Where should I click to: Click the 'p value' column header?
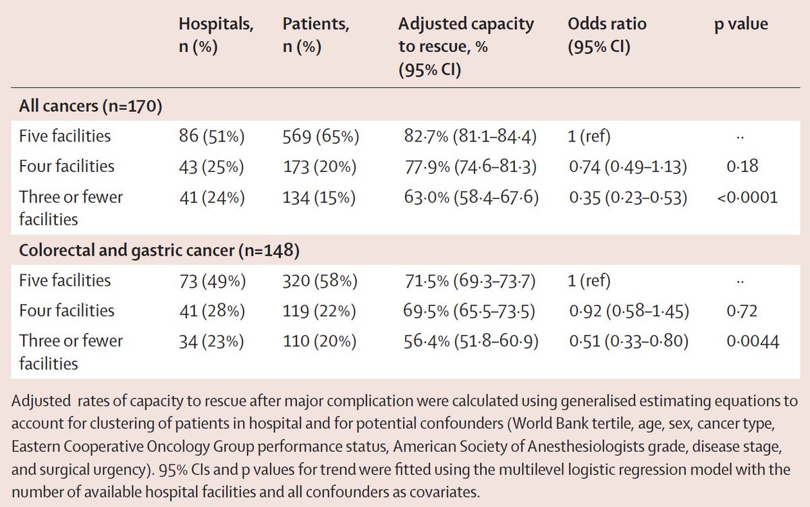[x=741, y=25]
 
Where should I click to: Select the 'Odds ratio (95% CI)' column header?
[x=607, y=36]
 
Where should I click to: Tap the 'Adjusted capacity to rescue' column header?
[x=466, y=47]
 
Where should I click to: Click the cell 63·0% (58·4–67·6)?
[x=468, y=198]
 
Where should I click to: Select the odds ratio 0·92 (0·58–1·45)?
[x=628, y=311]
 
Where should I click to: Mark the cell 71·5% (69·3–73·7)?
[x=468, y=281]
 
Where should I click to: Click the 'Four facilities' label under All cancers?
[x=67, y=167]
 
